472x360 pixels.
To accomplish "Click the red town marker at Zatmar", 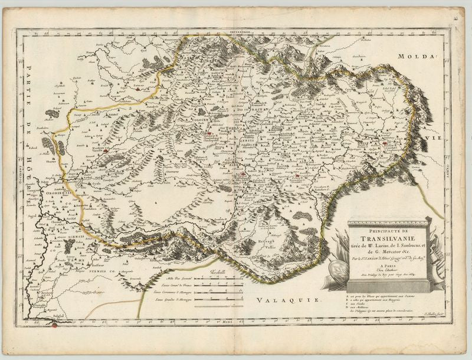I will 147,91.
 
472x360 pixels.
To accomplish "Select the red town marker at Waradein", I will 106,150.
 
